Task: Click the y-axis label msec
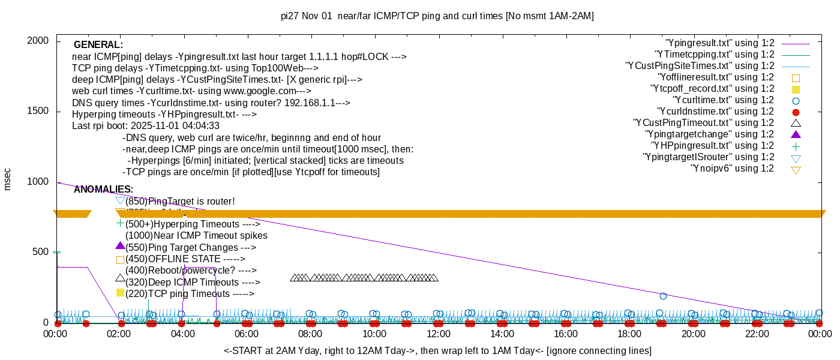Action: point(8,179)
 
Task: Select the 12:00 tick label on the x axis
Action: point(438,334)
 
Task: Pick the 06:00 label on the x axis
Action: point(247,334)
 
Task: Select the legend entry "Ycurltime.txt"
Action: point(723,100)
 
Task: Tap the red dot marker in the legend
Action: point(796,112)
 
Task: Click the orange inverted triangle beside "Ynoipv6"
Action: point(796,170)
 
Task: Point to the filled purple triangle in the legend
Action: point(796,134)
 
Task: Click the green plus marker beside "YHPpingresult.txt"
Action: point(796,146)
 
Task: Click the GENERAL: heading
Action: point(98,45)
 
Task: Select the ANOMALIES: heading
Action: point(103,190)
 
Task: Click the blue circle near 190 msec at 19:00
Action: point(663,296)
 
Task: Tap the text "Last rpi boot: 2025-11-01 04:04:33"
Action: point(146,126)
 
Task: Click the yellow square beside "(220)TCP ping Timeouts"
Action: point(120,293)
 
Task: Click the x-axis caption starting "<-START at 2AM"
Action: point(437,350)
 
